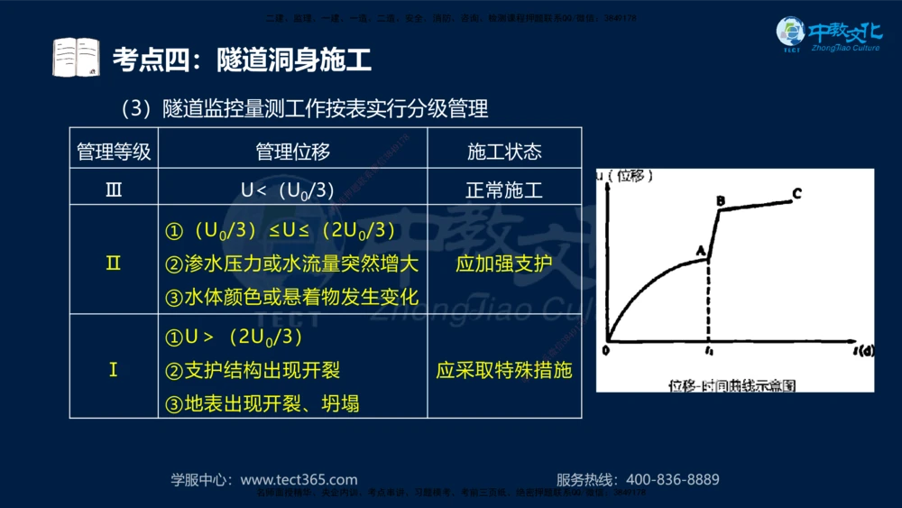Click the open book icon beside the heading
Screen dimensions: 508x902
coord(76,58)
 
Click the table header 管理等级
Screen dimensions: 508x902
coord(114,151)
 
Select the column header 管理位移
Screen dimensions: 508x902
coord(293,151)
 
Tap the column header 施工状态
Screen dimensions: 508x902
coord(504,151)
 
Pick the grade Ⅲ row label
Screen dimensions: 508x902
coord(114,190)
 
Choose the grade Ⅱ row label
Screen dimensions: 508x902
coord(114,263)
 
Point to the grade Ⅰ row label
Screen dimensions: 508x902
coord(114,369)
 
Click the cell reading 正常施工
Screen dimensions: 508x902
coord(504,190)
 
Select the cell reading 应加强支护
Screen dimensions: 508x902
coord(504,263)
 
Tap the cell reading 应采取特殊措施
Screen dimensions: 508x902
coord(504,370)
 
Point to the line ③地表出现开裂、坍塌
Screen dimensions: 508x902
coord(262,403)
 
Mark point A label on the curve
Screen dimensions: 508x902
coord(699,249)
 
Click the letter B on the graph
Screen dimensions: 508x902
coord(720,201)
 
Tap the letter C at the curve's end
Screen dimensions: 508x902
coord(796,193)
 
